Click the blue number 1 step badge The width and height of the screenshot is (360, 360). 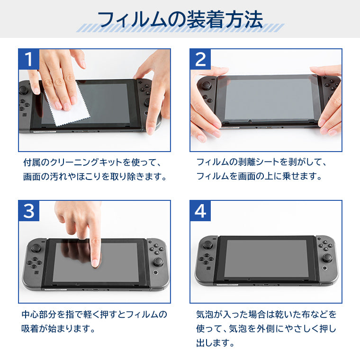click(x=29, y=59)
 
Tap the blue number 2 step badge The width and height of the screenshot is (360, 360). click(x=200, y=59)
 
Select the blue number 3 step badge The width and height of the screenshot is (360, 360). click(x=29, y=211)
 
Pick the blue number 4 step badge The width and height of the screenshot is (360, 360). click(x=200, y=211)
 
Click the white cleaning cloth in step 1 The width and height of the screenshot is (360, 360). click(x=69, y=108)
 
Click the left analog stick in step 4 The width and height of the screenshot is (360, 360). click(x=207, y=244)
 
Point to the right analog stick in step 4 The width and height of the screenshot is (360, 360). click(x=327, y=258)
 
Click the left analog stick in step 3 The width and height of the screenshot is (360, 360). click(x=36, y=247)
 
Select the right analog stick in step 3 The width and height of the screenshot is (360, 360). click(x=158, y=261)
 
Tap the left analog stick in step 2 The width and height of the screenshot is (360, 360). click(x=206, y=85)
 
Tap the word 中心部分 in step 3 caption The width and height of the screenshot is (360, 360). click(x=39, y=315)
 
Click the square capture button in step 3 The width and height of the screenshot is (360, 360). click(x=36, y=272)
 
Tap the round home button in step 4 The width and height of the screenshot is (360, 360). click(x=324, y=268)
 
